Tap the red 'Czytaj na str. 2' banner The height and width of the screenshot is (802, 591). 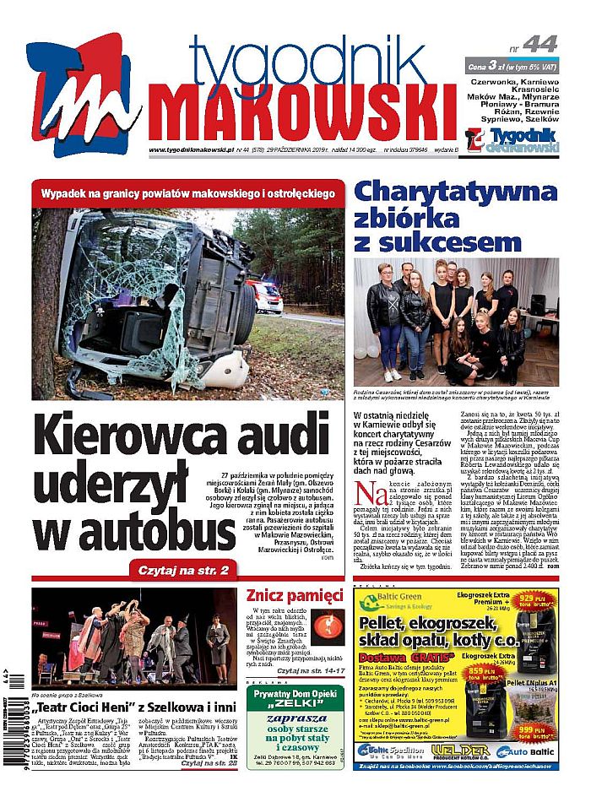click(x=182, y=571)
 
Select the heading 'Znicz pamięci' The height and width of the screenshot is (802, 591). click(x=295, y=595)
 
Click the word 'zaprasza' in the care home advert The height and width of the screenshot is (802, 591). click(x=295, y=721)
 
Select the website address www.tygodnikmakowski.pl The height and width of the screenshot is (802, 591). click(x=179, y=150)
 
